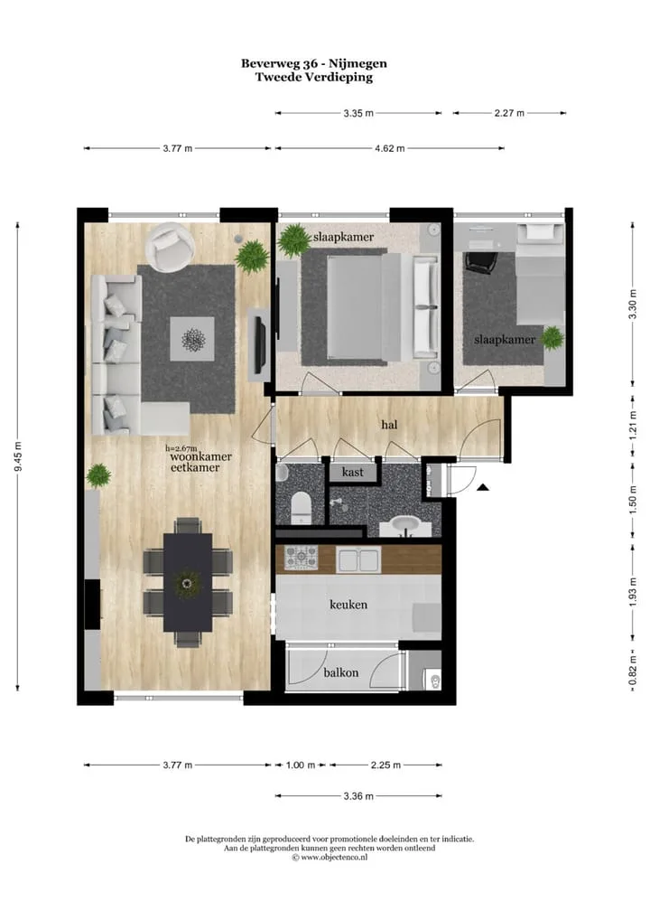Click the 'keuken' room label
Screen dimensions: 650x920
click(x=348, y=605)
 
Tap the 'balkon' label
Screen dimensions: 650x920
click(x=340, y=672)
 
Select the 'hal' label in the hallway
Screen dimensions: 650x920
click(x=389, y=424)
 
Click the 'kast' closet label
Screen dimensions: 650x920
click(x=352, y=472)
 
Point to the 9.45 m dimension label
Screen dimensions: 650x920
click(x=18, y=455)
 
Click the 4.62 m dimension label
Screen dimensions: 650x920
click(x=390, y=148)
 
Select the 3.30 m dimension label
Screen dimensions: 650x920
click(x=632, y=304)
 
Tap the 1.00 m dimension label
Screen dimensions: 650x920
click(x=300, y=765)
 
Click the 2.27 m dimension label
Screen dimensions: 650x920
click(x=509, y=113)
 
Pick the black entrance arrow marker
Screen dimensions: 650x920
click(x=482, y=486)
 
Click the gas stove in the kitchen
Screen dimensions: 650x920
click(x=301, y=558)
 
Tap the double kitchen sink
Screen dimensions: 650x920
click(x=358, y=559)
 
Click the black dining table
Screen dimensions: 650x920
click(x=188, y=582)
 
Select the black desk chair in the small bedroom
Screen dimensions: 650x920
click(x=480, y=262)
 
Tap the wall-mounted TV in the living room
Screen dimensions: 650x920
click(x=259, y=344)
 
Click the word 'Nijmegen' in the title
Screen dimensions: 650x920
click(x=357, y=63)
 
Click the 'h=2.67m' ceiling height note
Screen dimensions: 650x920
click(x=181, y=448)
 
